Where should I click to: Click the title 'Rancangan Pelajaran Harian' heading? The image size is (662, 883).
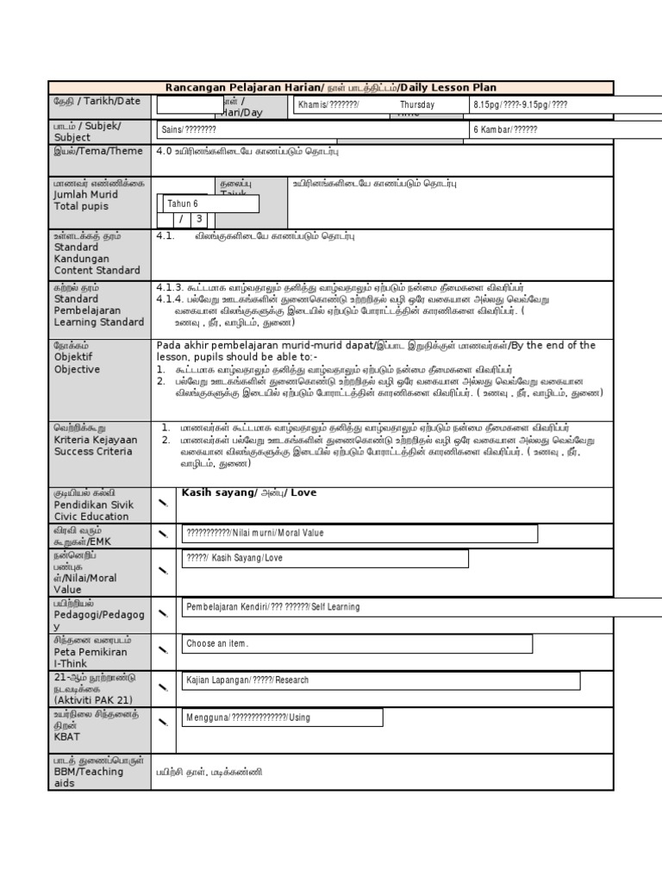pos(244,88)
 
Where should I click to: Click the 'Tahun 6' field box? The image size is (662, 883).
pos(208,204)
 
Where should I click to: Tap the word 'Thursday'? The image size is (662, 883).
pos(417,105)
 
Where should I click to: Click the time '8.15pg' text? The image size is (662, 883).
pos(488,105)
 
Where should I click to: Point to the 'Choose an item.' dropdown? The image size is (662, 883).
pos(358,644)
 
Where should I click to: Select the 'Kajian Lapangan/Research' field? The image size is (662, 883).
pos(382,680)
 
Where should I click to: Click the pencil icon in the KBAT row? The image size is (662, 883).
pos(164,722)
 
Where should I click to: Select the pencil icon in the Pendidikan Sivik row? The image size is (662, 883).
pos(164,500)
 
